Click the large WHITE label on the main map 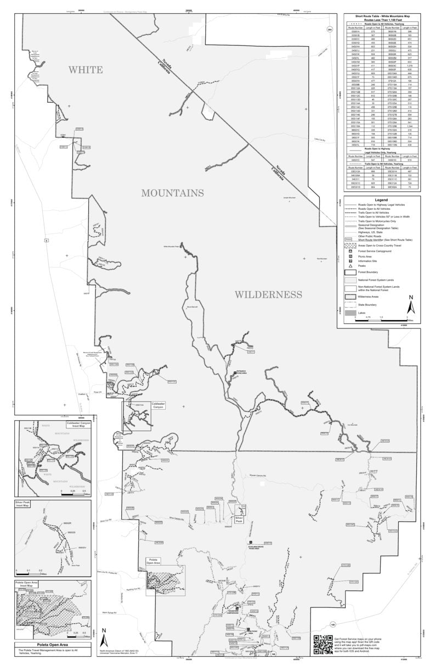click(x=85, y=70)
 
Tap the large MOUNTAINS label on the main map click(x=172, y=193)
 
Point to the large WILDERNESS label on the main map click(x=268, y=295)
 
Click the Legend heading click(x=381, y=200)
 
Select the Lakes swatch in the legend click(x=349, y=312)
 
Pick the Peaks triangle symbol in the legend click(x=349, y=265)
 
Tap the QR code click(x=322, y=644)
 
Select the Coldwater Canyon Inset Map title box click(x=77, y=425)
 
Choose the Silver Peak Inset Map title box click(x=27, y=504)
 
